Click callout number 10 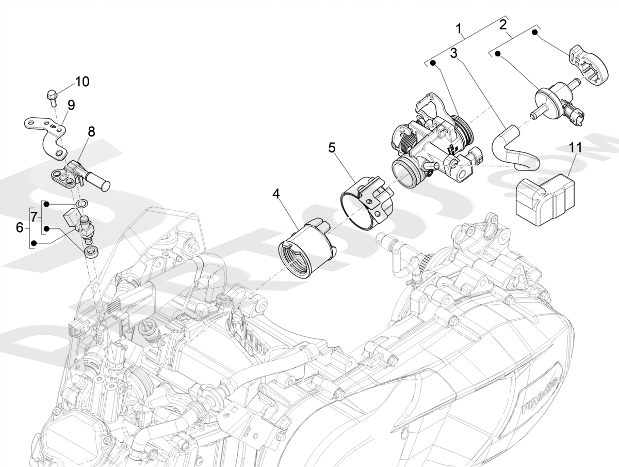click(82, 82)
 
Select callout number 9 click(71, 105)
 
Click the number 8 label click(91, 132)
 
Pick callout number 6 click(20, 227)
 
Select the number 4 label click(276, 194)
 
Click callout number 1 click(459, 28)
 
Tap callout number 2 click(503, 24)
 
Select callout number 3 click(453, 53)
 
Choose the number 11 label click(576, 147)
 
